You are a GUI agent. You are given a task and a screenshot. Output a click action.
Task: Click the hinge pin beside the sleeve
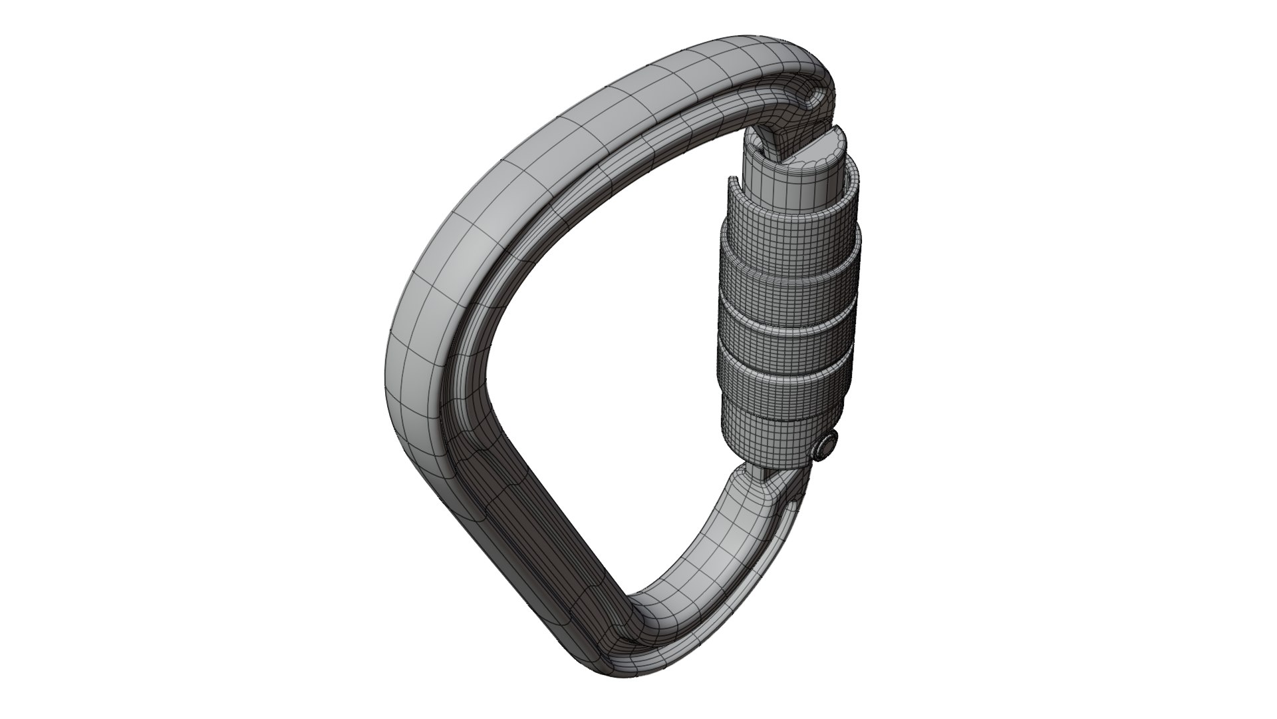pos(825,445)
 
